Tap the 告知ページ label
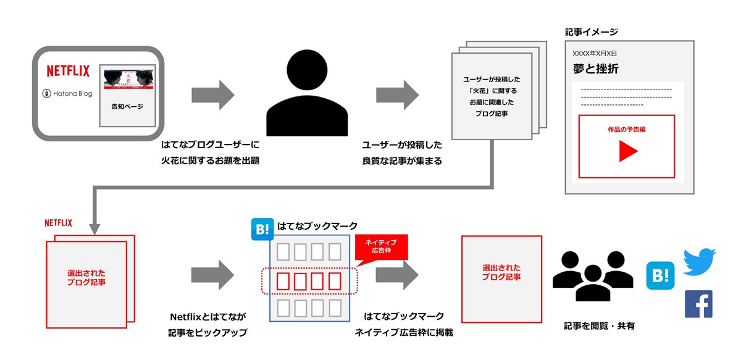tap(127, 107)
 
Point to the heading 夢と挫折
tap(595, 69)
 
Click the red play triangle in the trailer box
tap(627, 151)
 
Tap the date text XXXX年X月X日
tap(594, 53)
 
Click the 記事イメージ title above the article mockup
tap(592, 31)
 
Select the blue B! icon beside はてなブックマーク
tap(262, 229)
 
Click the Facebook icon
tap(698, 304)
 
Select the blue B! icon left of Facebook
tap(659, 275)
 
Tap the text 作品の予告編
tap(626, 130)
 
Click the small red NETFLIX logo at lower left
tap(59, 223)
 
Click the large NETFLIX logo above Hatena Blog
tap(68, 70)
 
